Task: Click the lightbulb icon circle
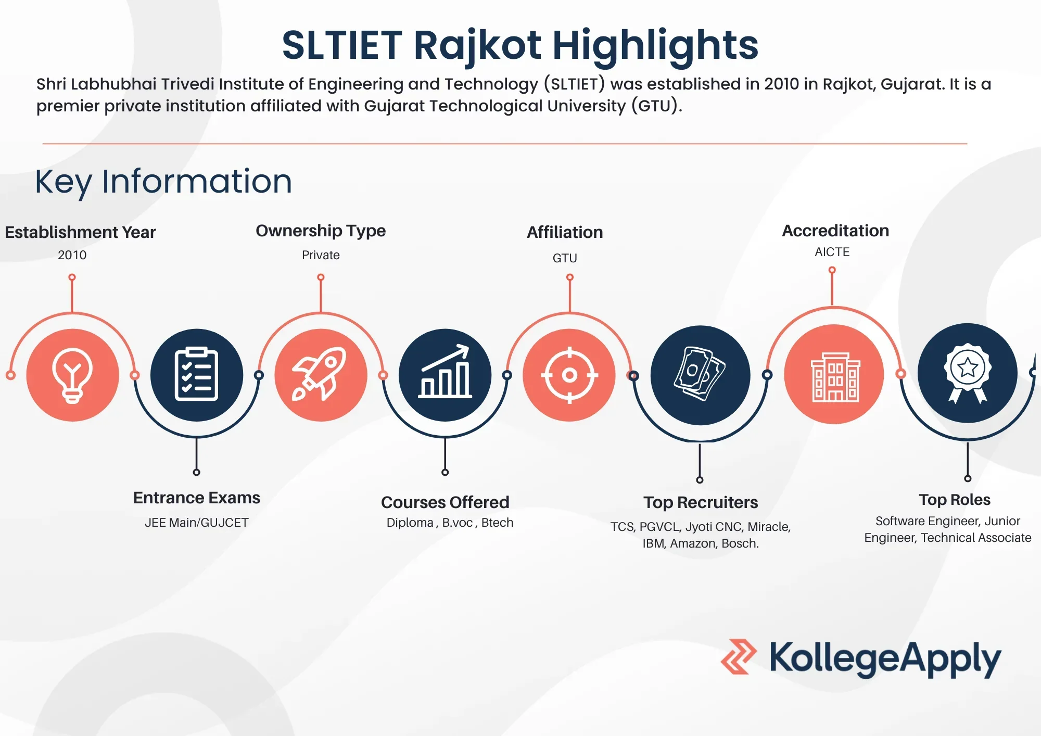pos(72,375)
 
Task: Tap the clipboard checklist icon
pos(196,375)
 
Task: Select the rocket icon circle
pos(321,375)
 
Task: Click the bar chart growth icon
pos(445,375)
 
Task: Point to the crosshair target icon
pos(569,375)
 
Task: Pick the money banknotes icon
pos(700,375)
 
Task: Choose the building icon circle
pos(834,374)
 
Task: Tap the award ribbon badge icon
pos(967,373)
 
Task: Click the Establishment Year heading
pos(80,232)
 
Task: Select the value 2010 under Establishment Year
pos(72,255)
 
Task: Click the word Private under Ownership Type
pos(321,255)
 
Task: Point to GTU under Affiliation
pos(565,258)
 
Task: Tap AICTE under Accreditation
pos(832,252)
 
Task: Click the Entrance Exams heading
pos(197,498)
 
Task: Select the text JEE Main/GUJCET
pos(197,523)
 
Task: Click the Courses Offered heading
pos(445,502)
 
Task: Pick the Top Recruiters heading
pos(701,502)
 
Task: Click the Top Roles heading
pos(955,500)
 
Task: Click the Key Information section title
pos(163,182)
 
